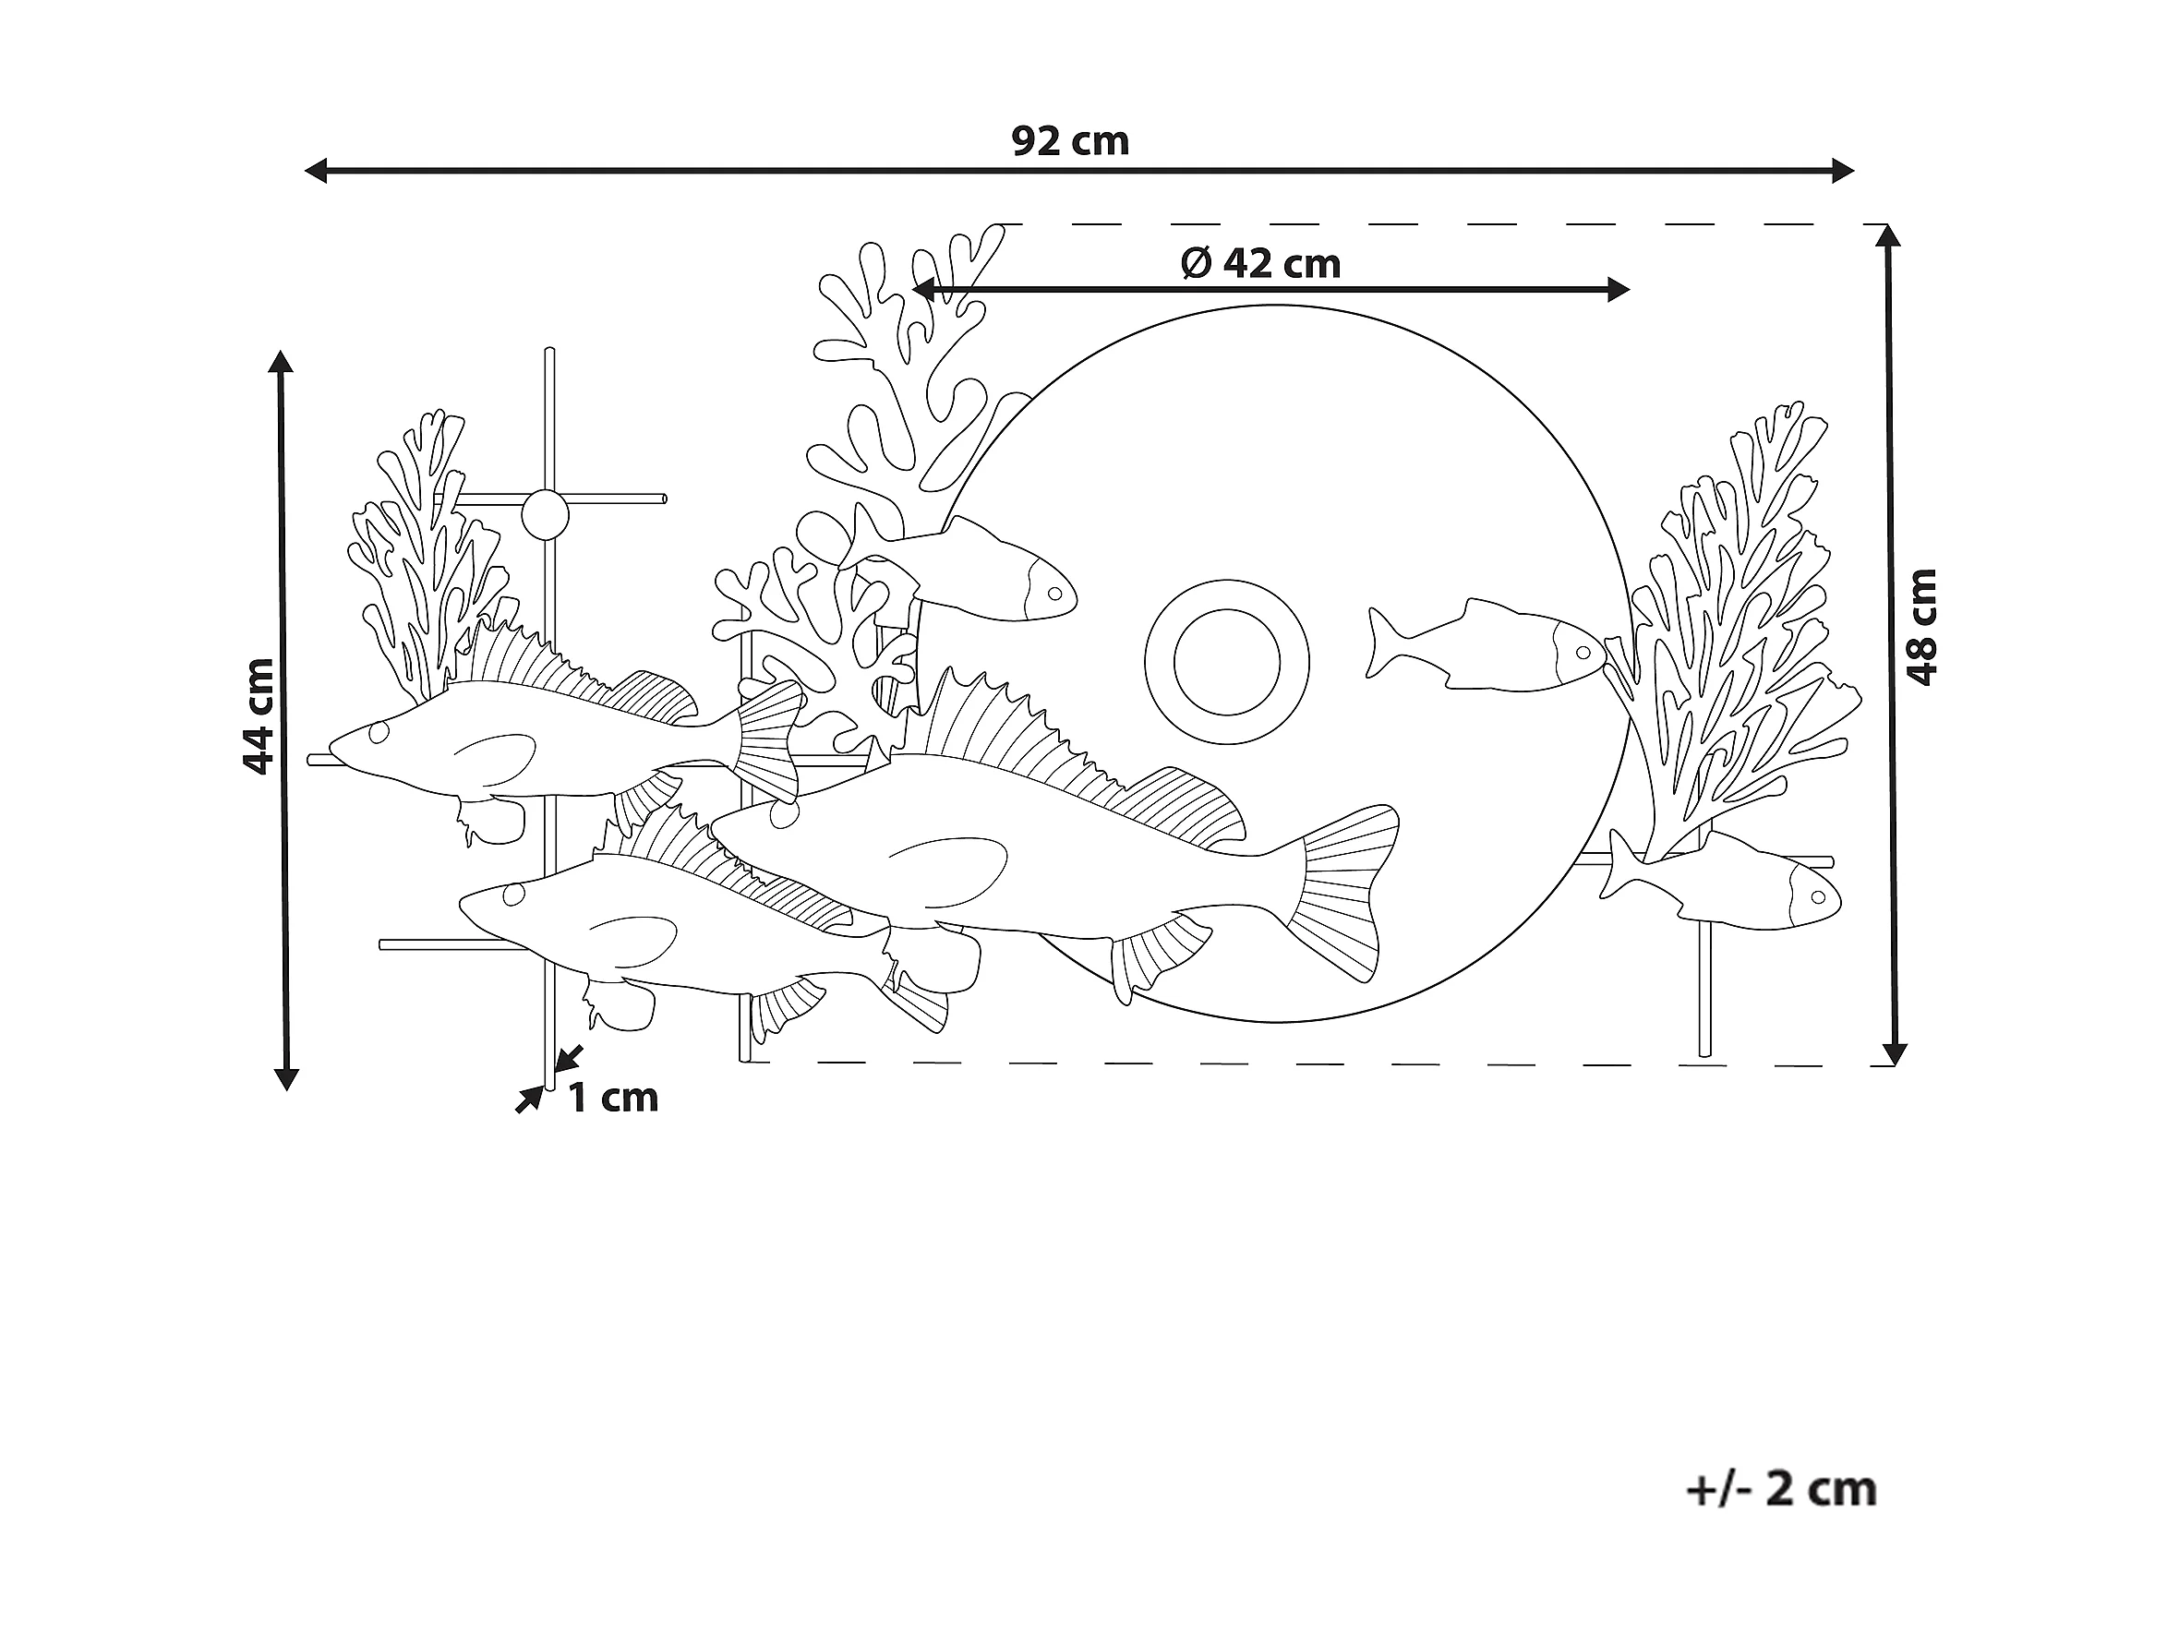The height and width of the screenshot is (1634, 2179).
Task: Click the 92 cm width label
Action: point(1070,142)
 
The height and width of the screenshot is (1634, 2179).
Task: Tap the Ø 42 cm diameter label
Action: point(1261,264)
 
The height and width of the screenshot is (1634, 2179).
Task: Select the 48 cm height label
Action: point(1920,627)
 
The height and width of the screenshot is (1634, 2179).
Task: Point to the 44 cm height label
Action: point(259,716)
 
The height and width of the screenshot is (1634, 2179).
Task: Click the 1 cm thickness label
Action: point(613,1098)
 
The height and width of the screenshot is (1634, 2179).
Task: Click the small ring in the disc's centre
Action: point(1226,662)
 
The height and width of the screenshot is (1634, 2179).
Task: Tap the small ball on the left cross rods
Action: point(545,514)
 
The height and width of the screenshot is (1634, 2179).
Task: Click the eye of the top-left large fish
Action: point(379,732)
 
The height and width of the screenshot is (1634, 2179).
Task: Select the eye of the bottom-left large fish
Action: point(513,894)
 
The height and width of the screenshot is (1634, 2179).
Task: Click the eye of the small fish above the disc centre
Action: point(1055,594)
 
